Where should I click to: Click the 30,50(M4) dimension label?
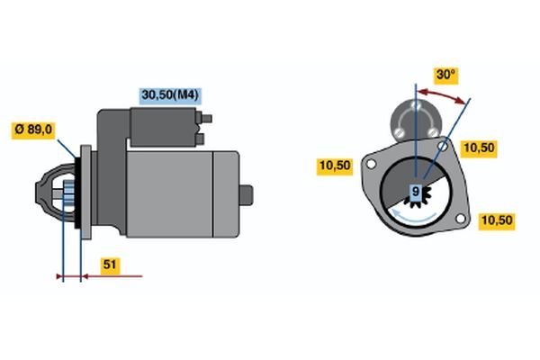point(170,95)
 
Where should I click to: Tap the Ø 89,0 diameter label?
point(33,130)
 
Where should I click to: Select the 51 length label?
point(110,265)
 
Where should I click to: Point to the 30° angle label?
point(445,75)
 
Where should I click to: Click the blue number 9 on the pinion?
point(416,191)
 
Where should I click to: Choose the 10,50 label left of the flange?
point(335,166)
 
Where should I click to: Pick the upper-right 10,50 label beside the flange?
point(479,148)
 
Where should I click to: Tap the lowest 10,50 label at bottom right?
point(497,220)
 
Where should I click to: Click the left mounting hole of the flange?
point(371,165)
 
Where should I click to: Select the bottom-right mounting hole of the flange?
point(461,218)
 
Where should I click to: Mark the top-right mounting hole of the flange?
point(443,146)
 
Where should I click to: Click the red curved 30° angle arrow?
point(442,94)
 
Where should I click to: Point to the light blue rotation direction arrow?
point(413,215)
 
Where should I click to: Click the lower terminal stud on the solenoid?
point(200,139)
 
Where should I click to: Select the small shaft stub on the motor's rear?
point(247,195)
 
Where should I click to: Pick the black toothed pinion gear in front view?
point(418,197)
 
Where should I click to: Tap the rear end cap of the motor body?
point(226,194)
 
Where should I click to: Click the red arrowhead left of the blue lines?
point(58,276)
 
